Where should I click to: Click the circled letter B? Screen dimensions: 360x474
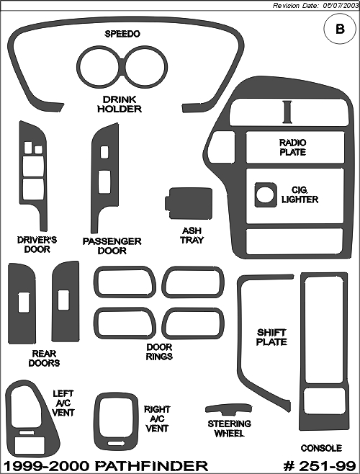[340, 29]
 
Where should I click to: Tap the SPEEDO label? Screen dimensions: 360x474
[122, 34]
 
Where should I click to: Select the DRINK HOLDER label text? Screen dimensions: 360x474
[120, 104]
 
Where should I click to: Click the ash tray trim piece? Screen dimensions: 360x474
[189, 203]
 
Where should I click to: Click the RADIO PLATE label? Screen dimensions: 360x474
[292, 147]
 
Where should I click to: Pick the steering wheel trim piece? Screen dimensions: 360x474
[228, 409]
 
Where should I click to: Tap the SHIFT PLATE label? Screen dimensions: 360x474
[271, 337]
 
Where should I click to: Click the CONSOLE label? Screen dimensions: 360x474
[321, 448]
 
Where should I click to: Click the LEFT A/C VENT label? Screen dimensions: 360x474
[63, 403]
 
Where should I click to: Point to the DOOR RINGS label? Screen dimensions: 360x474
[159, 352]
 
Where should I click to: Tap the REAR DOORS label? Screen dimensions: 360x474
[44, 358]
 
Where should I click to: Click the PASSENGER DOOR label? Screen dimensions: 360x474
[112, 246]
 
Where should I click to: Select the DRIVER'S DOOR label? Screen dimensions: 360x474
[37, 244]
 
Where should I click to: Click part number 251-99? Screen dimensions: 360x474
[320, 466]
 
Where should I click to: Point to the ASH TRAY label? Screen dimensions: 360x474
[192, 236]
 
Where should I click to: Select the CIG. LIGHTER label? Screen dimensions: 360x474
[300, 194]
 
